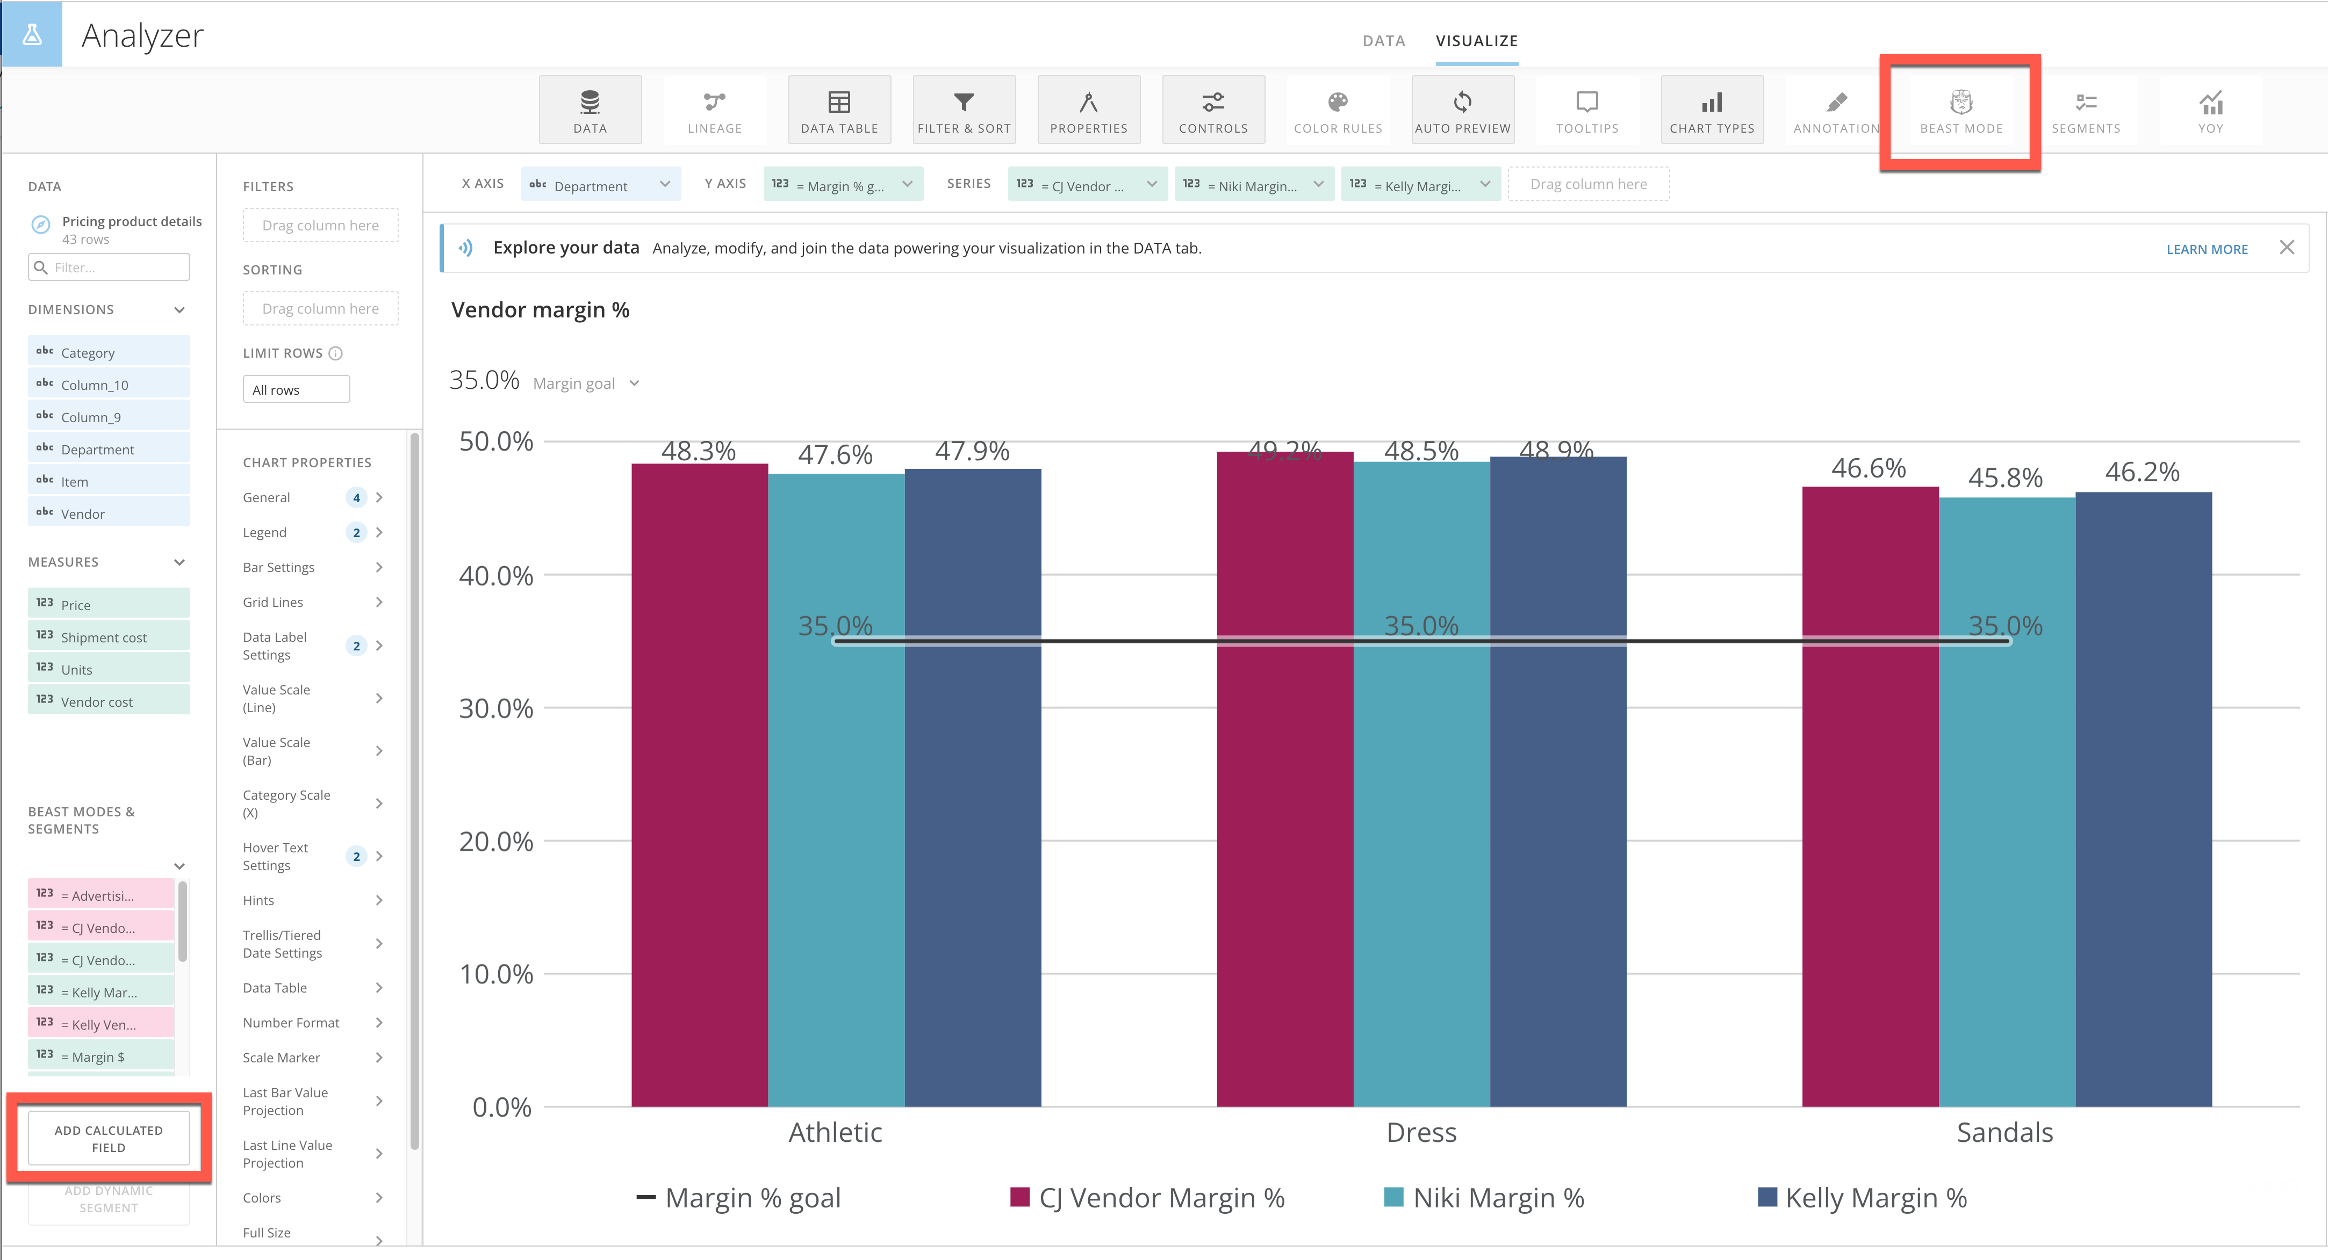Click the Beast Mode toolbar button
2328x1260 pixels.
click(1960, 111)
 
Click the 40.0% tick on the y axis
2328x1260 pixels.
click(496, 575)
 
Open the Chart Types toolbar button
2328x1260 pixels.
click(1712, 111)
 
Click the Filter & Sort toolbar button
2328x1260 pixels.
click(964, 111)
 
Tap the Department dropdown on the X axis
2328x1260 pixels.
click(601, 185)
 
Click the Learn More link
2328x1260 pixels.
click(2206, 249)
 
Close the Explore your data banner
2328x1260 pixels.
click(2287, 248)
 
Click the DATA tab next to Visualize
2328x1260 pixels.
click(1383, 41)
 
